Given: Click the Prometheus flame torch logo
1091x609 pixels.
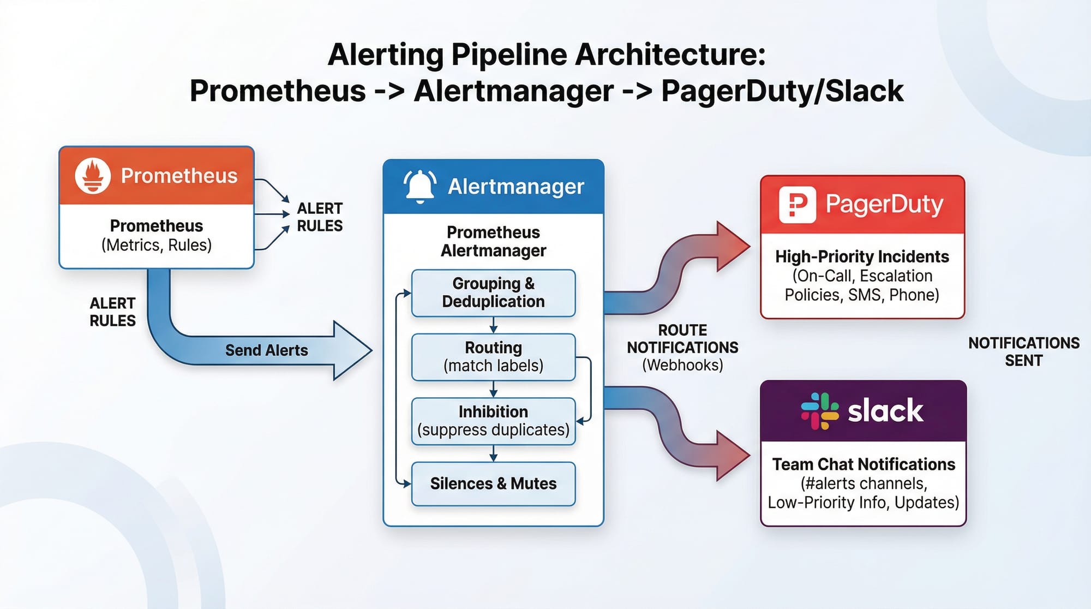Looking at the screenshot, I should pyautogui.click(x=93, y=176).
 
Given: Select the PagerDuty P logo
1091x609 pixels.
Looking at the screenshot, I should pyautogui.click(x=797, y=205).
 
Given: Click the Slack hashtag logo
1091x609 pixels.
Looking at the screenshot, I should pyautogui.click(x=819, y=411).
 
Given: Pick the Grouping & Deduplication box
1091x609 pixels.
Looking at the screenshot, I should pyautogui.click(x=493, y=293).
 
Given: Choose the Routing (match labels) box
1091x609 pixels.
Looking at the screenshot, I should pyautogui.click(x=493, y=357).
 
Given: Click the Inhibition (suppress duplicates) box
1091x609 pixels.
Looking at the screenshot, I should pyautogui.click(x=493, y=421).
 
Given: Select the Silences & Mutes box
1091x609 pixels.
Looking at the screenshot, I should pyautogui.click(x=493, y=484).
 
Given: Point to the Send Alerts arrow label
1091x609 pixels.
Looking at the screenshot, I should pyautogui.click(x=266, y=350).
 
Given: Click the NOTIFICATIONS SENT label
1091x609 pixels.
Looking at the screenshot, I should pyautogui.click(x=1023, y=352).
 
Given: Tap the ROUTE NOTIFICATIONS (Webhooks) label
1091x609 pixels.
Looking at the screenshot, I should pyautogui.click(x=682, y=348).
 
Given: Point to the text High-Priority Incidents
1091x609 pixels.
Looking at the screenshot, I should pyautogui.click(x=862, y=256).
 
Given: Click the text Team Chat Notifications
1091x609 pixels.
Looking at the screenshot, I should pyautogui.click(x=864, y=464).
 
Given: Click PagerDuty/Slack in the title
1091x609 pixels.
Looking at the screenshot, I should pyautogui.click(x=782, y=91).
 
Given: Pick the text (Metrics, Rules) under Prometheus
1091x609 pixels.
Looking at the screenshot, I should pyautogui.click(x=157, y=245).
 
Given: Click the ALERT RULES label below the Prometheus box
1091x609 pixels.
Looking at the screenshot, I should pyautogui.click(x=112, y=312).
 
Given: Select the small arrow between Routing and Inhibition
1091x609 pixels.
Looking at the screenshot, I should pyautogui.click(x=493, y=390).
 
